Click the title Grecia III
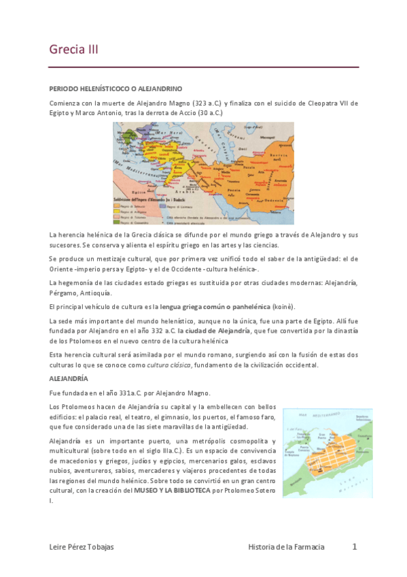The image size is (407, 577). pos(74,49)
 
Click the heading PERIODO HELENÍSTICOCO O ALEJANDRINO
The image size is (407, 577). pos(116,89)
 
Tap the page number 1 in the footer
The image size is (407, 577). pos(354,546)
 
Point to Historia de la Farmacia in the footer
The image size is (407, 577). pos(287,547)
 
